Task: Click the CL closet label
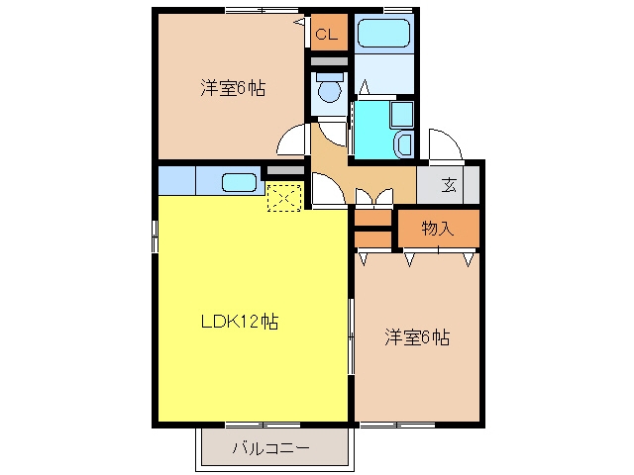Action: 326,35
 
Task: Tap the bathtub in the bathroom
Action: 384,33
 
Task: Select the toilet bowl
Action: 330,91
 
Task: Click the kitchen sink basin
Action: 239,182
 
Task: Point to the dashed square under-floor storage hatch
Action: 284,198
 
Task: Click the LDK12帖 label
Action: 240,322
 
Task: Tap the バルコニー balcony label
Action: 271,448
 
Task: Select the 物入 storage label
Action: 438,229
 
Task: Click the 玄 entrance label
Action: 449,185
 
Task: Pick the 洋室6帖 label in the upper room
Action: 234,88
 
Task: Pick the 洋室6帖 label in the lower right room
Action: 417,337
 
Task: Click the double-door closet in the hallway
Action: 374,197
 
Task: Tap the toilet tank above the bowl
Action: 330,76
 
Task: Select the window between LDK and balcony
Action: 263,425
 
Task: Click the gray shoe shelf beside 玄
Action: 472,185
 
